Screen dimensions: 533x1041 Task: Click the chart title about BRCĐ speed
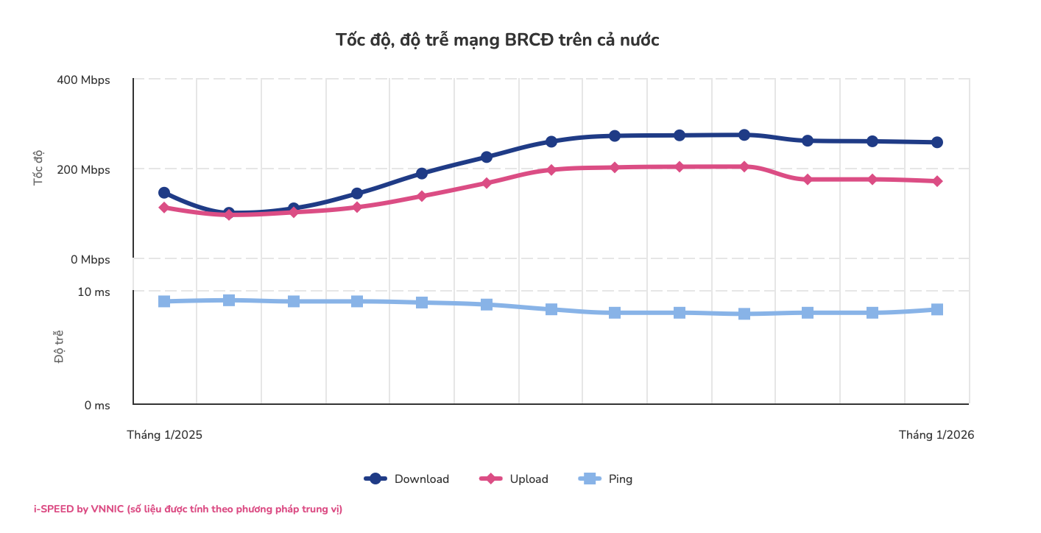(497, 40)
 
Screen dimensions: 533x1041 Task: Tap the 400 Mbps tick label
(83, 80)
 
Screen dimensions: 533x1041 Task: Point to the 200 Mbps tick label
(83, 170)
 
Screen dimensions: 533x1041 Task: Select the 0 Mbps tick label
(89, 260)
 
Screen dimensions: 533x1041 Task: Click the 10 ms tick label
(93, 292)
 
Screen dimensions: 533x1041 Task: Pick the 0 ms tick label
(96, 406)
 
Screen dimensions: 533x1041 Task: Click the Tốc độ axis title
(39, 169)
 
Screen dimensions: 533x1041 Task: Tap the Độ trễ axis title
(59, 347)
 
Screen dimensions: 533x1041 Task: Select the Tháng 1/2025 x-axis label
(164, 435)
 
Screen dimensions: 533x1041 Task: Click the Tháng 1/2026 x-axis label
(936, 435)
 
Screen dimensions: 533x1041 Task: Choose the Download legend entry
(407, 479)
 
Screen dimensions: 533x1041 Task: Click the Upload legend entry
(515, 479)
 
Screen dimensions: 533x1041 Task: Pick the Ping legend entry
(606, 479)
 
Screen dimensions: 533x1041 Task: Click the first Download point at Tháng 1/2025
(164, 193)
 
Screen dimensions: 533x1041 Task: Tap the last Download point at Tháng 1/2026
(937, 142)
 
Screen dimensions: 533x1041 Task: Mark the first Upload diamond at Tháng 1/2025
(164, 208)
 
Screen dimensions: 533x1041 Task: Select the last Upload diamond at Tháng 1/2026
(937, 181)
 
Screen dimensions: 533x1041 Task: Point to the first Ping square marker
(164, 301)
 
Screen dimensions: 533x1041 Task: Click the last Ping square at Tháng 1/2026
(937, 309)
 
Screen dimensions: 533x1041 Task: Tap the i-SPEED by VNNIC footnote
(188, 509)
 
